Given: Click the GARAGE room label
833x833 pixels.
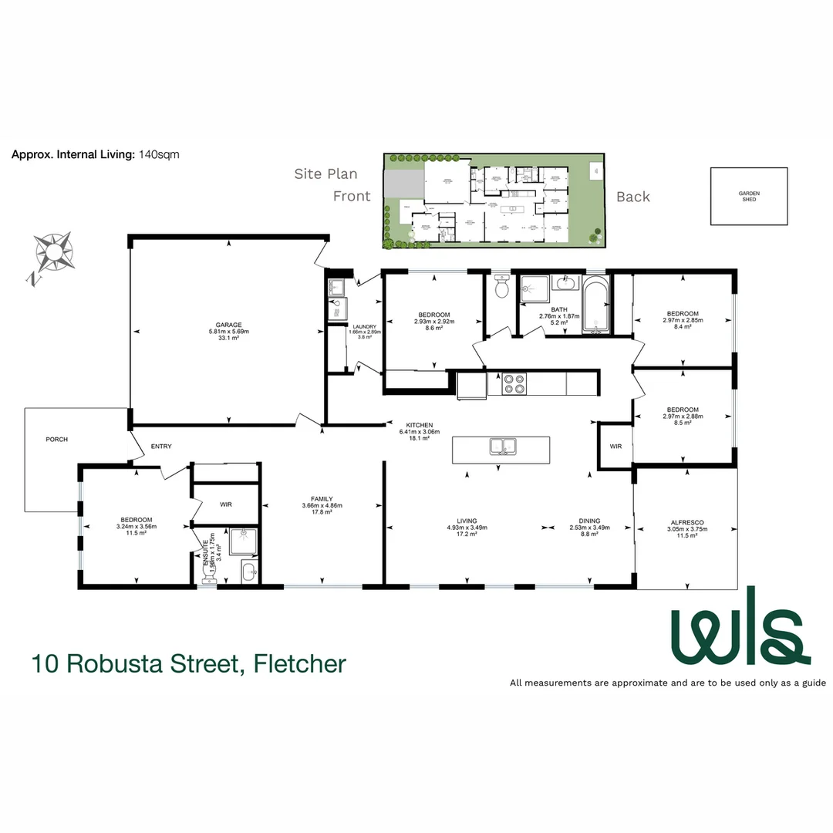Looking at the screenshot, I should (229, 325).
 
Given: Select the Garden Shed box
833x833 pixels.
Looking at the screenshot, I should (748, 196).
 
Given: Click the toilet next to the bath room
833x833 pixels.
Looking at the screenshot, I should (502, 288).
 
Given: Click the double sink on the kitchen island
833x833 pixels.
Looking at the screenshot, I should (501, 447).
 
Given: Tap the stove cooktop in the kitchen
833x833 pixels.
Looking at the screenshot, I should (514, 383).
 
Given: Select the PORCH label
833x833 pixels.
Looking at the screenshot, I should (57, 440).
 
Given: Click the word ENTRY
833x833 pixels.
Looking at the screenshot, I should (161, 446).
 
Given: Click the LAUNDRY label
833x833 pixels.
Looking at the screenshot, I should (365, 326).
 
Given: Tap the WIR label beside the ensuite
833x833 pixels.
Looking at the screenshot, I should (226, 504).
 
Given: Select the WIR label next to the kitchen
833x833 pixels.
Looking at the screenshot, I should (615, 447).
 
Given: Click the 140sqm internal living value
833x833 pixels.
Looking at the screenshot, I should (158, 154).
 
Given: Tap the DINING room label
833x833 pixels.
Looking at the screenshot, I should (589, 521).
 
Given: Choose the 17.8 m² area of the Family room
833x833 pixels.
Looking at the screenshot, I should (322, 512).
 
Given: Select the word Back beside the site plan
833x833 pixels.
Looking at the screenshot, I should (632, 197).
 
